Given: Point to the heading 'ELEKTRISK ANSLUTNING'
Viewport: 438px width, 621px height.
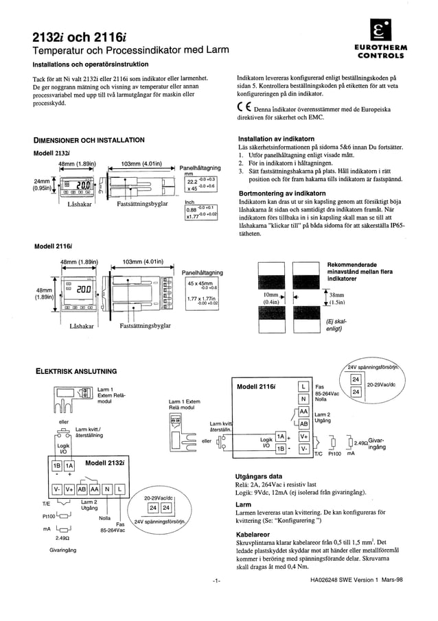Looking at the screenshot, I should click(x=76, y=371).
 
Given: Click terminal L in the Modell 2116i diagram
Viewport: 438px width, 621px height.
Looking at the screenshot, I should click(x=303, y=386).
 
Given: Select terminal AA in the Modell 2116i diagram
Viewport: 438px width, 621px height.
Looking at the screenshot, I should click(x=303, y=412).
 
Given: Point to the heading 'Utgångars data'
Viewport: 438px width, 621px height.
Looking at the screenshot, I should click(x=259, y=476).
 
